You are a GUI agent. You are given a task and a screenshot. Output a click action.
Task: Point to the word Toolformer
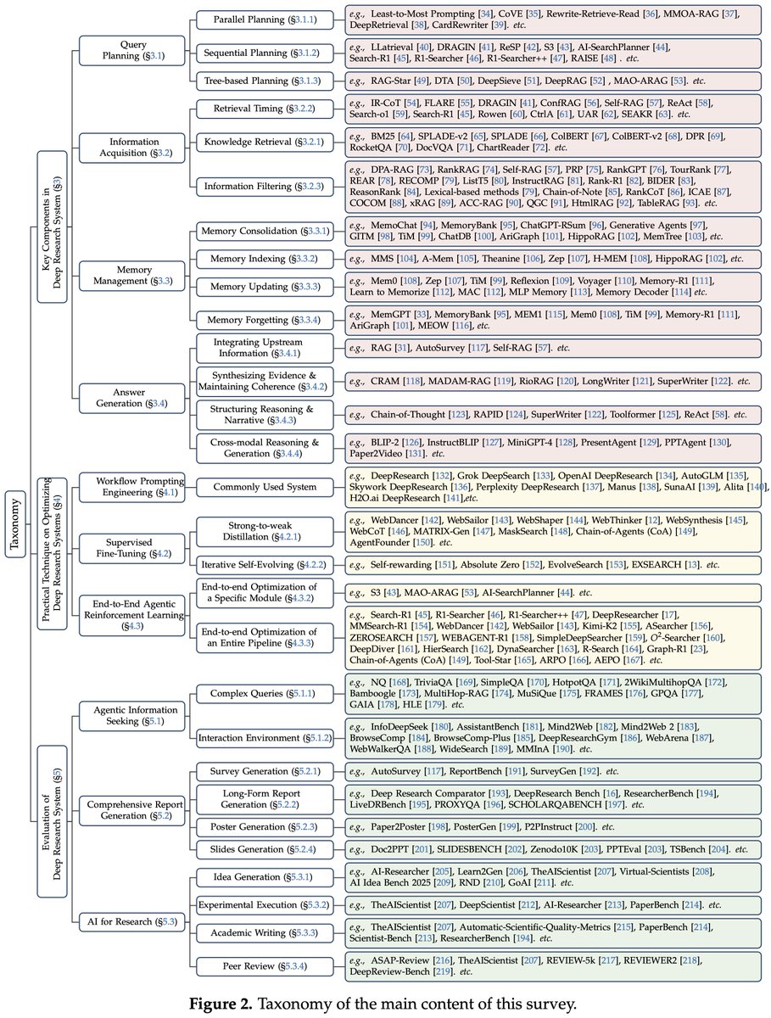(x=633, y=415)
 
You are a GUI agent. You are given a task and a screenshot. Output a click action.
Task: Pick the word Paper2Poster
(x=401, y=826)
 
